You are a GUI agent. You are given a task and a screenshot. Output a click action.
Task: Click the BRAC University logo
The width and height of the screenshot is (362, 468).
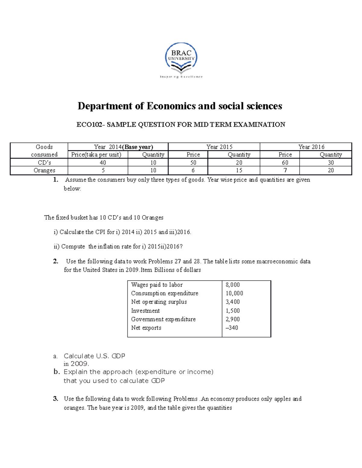click(x=181, y=60)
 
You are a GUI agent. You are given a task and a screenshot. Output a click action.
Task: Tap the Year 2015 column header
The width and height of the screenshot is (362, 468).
click(x=219, y=147)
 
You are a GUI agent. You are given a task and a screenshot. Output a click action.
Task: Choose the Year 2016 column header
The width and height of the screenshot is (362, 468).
click(x=311, y=147)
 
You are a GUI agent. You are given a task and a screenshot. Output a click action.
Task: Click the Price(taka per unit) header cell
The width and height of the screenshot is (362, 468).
click(x=96, y=155)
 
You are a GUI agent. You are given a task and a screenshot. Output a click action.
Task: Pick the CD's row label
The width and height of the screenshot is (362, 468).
click(x=44, y=163)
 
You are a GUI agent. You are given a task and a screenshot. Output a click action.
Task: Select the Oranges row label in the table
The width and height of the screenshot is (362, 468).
click(x=44, y=171)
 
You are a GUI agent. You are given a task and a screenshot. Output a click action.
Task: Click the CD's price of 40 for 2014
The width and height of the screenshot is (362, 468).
click(x=103, y=163)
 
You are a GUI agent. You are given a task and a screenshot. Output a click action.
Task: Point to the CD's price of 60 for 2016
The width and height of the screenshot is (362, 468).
click(x=285, y=163)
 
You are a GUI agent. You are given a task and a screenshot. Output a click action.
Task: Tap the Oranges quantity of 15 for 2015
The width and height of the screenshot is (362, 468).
click(x=239, y=171)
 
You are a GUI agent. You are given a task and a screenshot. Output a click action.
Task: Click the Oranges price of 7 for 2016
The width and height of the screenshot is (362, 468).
click(x=285, y=171)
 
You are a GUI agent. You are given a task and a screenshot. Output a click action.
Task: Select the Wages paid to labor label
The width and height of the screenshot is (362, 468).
click(x=157, y=285)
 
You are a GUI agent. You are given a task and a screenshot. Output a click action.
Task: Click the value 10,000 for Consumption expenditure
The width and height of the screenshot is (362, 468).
click(x=234, y=293)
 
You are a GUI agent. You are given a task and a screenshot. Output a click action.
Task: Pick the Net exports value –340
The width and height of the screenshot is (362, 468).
click(x=232, y=328)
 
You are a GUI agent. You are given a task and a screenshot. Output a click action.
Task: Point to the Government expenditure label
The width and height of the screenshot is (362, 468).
click(x=163, y=319)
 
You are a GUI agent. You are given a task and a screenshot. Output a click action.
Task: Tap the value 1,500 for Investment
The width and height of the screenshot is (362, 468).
click(x=233, y=311)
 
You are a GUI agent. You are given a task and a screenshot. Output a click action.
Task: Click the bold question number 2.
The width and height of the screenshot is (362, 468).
click(x=56, y=261)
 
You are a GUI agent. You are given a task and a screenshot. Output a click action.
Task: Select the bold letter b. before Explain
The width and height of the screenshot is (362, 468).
click(x=57, y=372)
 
